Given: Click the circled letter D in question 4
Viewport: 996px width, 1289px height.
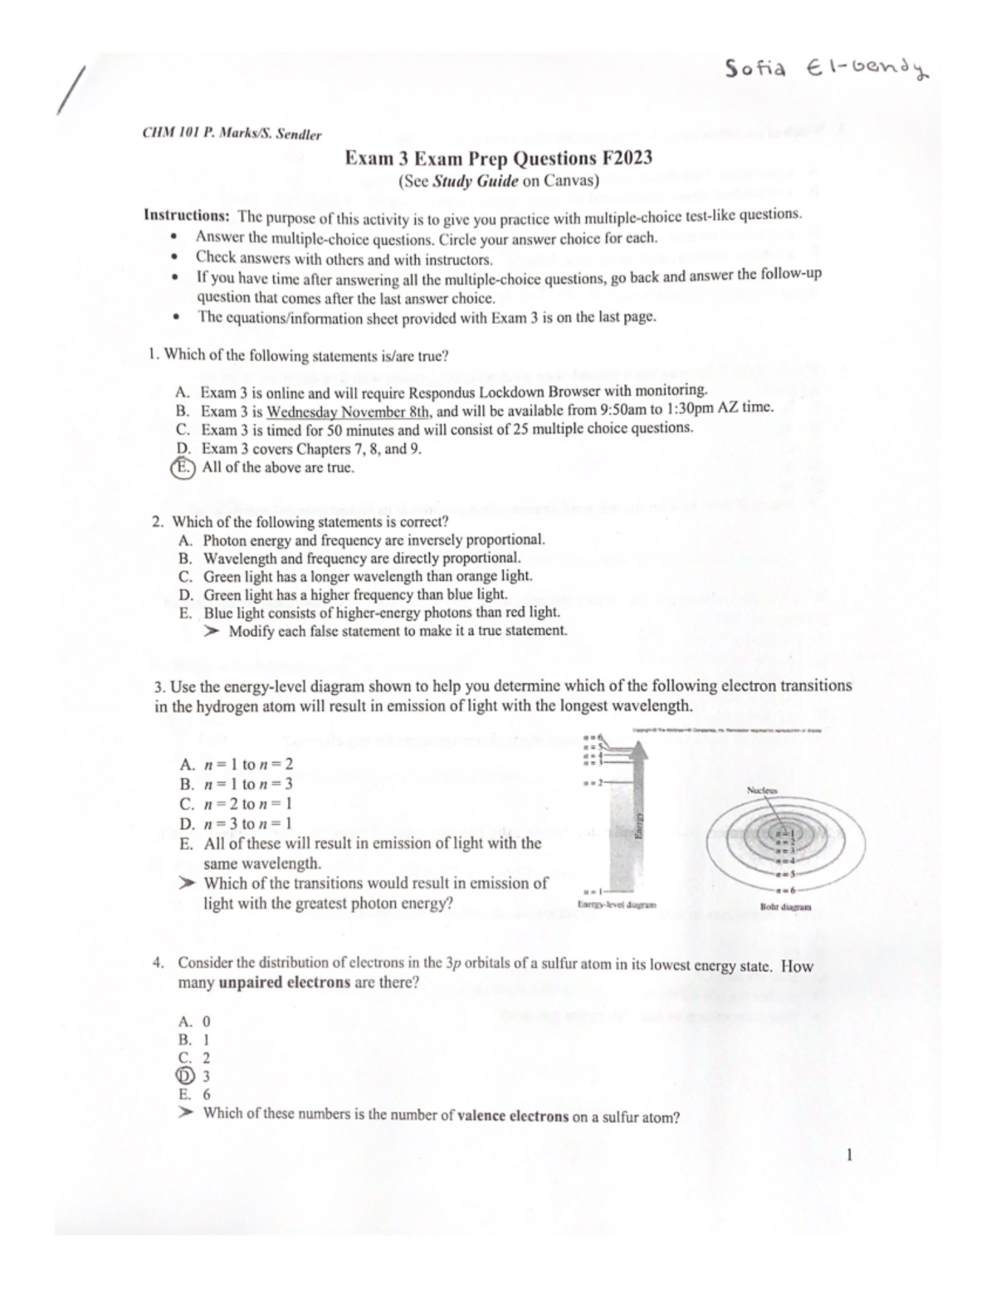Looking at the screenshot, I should click(184, 1077).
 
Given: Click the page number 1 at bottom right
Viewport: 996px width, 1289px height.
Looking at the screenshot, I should click(849, 1155).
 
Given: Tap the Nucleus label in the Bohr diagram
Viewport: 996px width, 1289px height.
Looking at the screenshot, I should click(761, 791).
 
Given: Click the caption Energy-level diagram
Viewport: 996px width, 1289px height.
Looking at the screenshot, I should click(616, 905).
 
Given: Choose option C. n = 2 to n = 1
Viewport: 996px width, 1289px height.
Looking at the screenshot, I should click(236, 803).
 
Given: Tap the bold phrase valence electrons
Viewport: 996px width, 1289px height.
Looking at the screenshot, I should click(513, 1117).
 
